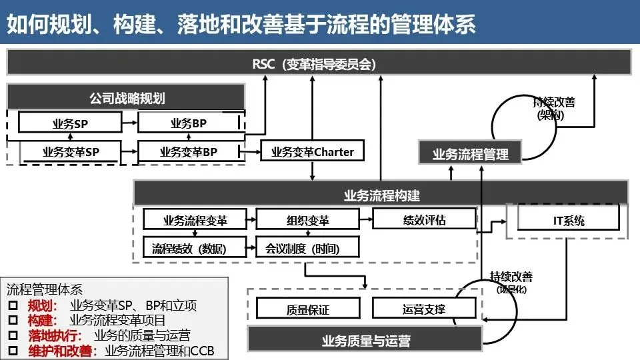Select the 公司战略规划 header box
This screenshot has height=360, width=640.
pyautogui.click(x=127, y=98)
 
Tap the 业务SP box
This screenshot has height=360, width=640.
pyautogui.click(x=70, y=123)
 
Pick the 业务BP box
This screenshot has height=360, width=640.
pyautogui.click(x=189, y=123)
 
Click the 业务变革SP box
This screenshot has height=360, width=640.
pyautogui.click(x=70, y=152)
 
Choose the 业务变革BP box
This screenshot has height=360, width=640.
pyautogui.click(x=189, y=152)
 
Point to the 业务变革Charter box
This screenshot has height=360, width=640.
pyautogui.click(x=313, y=151)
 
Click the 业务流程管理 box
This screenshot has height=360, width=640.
pyautogui.click(x=470, y=154)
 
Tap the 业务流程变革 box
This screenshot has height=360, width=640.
pyautogui.click(x=195, y=220)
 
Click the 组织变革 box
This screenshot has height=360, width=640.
pyautogui.click(x=307, y=220)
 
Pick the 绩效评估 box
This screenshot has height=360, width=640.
pyautogui.click(x=424, y=219)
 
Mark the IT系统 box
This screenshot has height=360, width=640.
pyautogui.click(x=569, y=220)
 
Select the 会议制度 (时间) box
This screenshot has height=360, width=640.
pyautogui.click(x=307, y=249)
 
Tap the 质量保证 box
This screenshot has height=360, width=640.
pyautogui.click(x=307, y=309)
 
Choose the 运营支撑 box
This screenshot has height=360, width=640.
pyautogui.click(x=424, y=308)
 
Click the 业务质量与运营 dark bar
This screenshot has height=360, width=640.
pyautogui.click(x=365, y=341)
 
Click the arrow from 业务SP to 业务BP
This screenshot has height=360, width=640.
pyautogui.click(x=130, y=123)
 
